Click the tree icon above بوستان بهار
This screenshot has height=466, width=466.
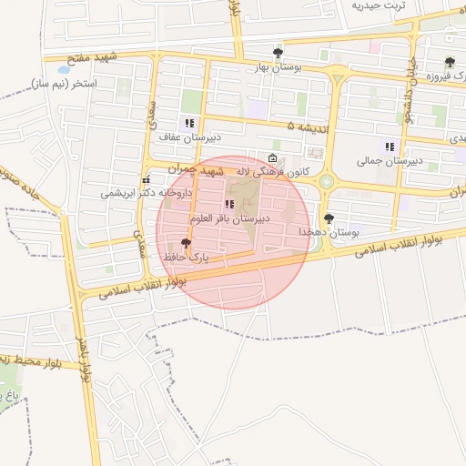[278, 53]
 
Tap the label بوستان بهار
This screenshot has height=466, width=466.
[279, 67]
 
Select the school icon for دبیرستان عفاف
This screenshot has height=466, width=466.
[189, 123]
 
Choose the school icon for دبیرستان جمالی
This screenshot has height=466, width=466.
[390, 147]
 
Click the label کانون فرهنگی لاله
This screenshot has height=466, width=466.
[272, 170]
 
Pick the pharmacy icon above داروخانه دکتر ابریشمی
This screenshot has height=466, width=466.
[146, 179]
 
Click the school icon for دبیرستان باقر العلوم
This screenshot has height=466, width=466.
[227, 206]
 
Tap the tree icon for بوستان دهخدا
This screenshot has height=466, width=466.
[329, 218]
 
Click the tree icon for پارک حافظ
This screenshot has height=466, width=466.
[187, 243]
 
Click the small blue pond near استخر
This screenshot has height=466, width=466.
[64, 69]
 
